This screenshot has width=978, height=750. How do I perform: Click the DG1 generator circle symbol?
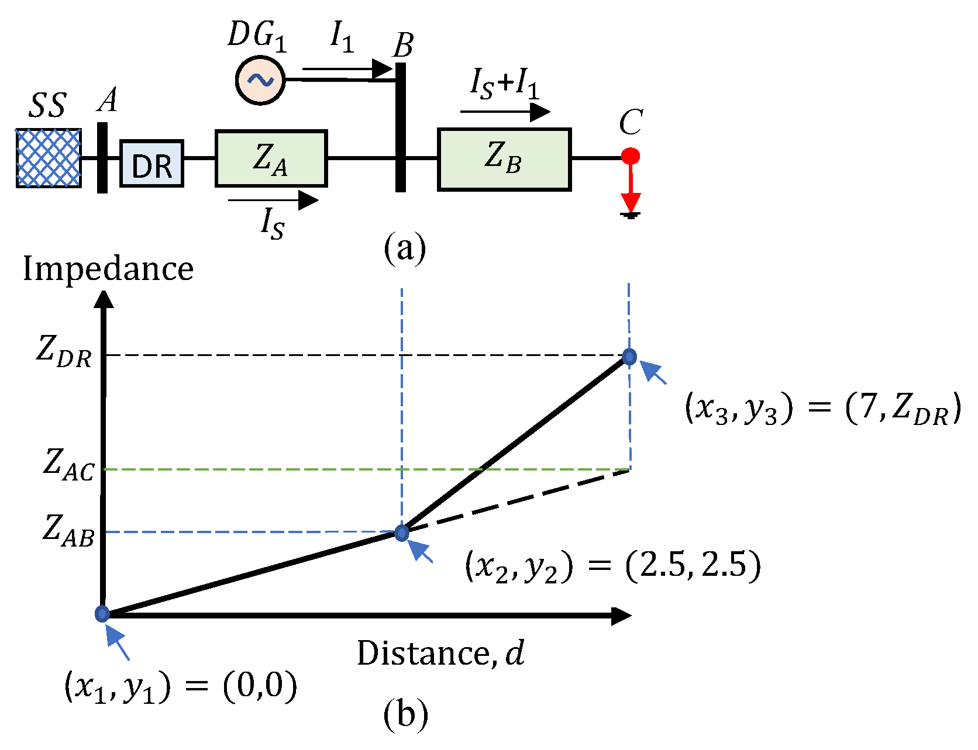260,80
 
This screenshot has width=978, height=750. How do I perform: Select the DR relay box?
152,164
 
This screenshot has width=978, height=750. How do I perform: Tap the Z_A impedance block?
271,158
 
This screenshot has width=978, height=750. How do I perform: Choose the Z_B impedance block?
504,160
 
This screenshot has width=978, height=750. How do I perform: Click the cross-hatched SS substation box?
49,158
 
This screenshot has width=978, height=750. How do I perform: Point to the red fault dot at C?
630,156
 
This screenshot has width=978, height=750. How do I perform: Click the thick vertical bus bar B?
401,127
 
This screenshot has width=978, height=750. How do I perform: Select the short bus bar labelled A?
102,157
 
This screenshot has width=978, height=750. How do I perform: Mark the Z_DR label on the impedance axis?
64,352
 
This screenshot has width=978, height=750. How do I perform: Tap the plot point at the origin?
102,614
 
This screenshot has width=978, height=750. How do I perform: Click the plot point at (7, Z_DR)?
629,357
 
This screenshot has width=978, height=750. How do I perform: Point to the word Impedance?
108,269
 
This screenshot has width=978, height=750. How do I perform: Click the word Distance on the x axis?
423,654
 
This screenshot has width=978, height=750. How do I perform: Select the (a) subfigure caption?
405,248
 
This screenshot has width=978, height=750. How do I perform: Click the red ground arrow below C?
631,193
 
